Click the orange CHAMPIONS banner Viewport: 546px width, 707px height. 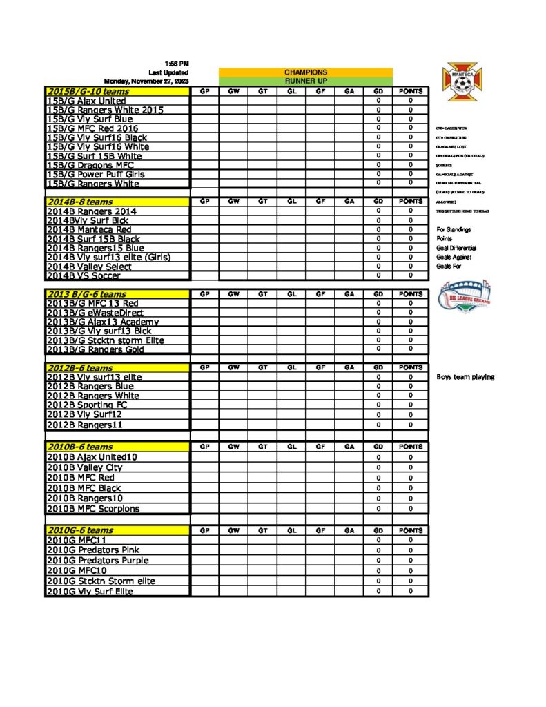tap(306, 72)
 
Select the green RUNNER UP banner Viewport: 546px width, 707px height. tap(306, 81)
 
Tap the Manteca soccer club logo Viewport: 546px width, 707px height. tap(465, 84)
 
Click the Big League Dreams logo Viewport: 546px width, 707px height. tap(465, 293)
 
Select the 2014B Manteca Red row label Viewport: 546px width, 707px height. tap(89, 229)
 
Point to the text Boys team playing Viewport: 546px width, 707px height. tap(465, 377)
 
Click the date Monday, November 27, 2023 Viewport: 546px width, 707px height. tap(146, 81)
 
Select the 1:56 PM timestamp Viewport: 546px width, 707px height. tap(177, 64)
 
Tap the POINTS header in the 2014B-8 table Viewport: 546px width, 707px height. tap(410, 202)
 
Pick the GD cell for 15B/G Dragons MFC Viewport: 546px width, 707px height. tap(378, 164)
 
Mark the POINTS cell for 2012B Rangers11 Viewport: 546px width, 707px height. tap(410, 425)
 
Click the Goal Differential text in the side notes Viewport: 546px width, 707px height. tap(456, 248)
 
